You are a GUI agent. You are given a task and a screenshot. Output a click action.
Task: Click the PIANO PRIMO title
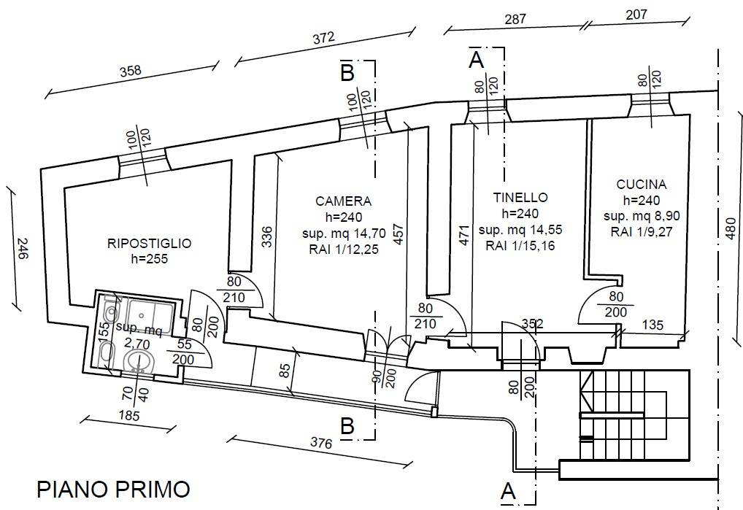point(113,489)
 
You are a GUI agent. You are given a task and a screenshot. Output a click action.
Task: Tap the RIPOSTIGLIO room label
point(150,244)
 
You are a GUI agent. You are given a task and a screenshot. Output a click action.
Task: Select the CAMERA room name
point(344,201)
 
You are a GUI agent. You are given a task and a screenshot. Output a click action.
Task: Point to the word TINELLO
point(520,197)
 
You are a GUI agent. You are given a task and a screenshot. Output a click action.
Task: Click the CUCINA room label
point(641,184)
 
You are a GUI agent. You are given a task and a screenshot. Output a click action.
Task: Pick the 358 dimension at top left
point(131,71)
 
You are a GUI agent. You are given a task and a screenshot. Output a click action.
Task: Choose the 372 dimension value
point(323,38)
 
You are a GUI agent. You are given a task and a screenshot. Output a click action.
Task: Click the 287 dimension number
point(515,19)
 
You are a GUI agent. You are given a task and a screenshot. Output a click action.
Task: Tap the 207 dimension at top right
point(636,14)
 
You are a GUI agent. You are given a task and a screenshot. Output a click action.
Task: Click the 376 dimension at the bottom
point(321,443)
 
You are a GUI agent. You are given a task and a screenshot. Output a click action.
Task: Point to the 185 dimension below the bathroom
point(129,416)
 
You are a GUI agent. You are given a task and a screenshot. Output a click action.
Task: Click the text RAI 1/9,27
point(642,232)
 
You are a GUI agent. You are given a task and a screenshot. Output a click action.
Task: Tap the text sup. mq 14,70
point(344,233)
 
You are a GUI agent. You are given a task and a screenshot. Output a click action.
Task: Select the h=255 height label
point(150,259)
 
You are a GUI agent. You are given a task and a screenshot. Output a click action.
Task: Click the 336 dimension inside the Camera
point(267,237)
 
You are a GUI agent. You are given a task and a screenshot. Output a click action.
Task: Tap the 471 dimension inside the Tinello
point(464,236)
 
